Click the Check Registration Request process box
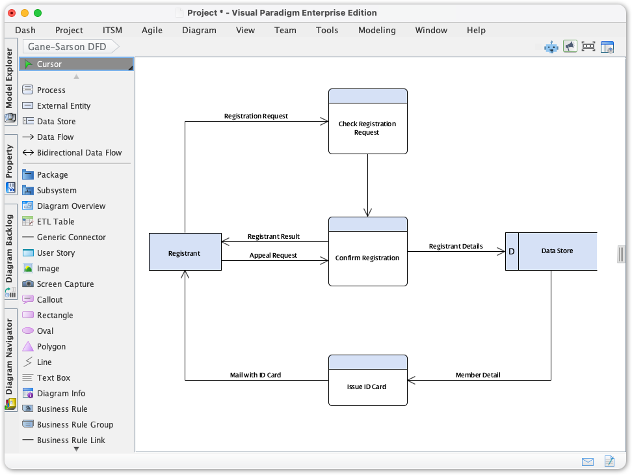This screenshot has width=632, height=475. (367, 128)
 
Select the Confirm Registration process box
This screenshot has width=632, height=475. (367, 258)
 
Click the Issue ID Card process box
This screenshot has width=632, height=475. (367, 387)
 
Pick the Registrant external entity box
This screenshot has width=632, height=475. (185, 252)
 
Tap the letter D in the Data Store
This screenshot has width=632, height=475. (512, 251)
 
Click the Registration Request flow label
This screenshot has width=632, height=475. (256, 116)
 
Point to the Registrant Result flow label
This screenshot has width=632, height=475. (273, 236)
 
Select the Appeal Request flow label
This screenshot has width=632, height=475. (273, 255)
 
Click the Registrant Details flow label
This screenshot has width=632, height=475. (456, 246)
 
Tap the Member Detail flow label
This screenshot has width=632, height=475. (478, 375)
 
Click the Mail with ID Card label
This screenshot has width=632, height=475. (256, 375)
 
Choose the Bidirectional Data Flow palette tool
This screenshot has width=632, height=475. (79, 153)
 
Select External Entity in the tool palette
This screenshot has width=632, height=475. (63, 106)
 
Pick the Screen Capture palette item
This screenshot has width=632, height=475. (65, 284)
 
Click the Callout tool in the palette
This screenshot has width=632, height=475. (49, 300)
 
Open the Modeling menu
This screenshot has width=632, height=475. (376, 30)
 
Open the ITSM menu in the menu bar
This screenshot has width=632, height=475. (112, 30)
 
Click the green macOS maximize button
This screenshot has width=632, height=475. (38, 13)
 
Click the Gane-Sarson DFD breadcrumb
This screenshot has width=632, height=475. (67, 47)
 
